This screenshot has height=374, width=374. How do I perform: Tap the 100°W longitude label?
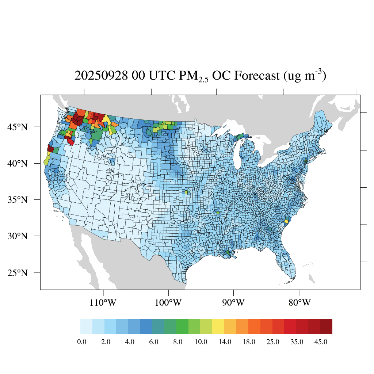(168, 303)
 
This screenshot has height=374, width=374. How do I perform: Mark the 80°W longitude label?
(299, 303)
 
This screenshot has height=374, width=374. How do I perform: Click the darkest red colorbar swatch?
(326, 327)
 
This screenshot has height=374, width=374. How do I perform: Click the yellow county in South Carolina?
(287, 221)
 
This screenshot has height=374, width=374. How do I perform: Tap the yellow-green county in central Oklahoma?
(186, 192)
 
